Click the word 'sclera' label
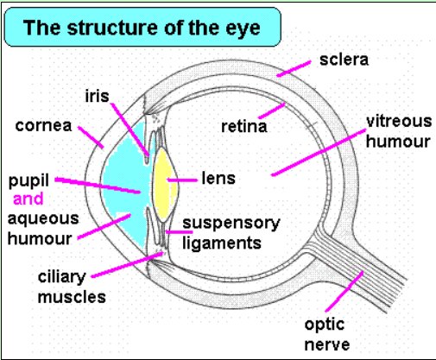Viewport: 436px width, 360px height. [x=344, y=60]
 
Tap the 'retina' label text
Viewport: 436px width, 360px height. [x=244, y=127]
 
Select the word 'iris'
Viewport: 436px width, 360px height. [x=97, y=96]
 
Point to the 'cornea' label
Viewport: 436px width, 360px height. [x=43, y=125]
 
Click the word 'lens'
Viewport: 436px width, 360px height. [x=218, y=178]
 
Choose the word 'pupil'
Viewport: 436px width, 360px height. [x=28, y=181]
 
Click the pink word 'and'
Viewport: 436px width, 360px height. [x=28, y=199]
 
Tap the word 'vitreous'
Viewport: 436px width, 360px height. [x=399, y=121]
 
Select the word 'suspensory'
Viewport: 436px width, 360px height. [x=231, y=224]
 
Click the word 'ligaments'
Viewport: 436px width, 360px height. [x=222, y=243]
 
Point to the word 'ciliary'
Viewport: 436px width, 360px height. [x=62, y=277]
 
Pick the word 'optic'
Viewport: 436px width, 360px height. [x=325, y=325]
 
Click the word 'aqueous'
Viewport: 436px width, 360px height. [x=43, y=219]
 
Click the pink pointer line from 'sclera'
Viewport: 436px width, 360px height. [x=294, y=69]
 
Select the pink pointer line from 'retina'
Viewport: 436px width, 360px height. [x=272, y=111]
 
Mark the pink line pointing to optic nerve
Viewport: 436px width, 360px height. [x=344, y=291]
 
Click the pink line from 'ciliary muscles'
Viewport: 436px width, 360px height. [x=128, y=265]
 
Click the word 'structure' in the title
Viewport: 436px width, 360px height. [x=114, y=28]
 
